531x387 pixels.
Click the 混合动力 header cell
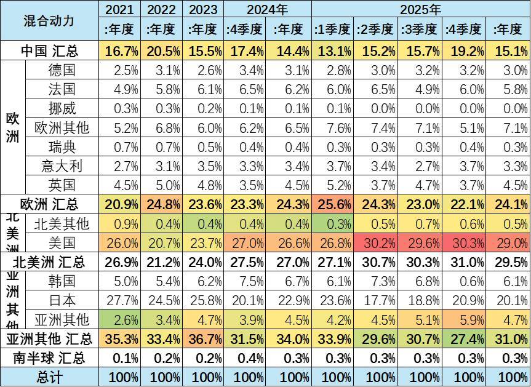(x=49, y=20)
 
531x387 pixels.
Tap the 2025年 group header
(x=420, y=9)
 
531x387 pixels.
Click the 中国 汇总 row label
(x=49, y=50)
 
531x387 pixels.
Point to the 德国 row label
(x=62, y=70)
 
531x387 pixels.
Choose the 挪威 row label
(x=62, y=109)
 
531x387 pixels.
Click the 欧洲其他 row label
(x=62, y=128)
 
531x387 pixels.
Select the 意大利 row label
(x=62, y=166)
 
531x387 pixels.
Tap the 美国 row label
(x=62, y=242)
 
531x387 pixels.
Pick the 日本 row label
(x=62, y=300)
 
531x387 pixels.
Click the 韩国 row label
(x=62, y=281)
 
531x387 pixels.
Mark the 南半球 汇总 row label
(x=49, y=358)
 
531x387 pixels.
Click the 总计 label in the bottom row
(x=49, y=377)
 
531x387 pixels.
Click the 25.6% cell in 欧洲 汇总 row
(x=333, y=204)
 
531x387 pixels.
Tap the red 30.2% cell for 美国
(x=377, y=242)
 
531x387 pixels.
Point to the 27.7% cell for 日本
(x=121, y=300)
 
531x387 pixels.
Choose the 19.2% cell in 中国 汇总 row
(x=464, y=50)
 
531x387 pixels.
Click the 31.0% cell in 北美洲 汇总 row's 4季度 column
(x=464, y=262)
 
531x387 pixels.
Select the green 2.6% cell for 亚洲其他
(x=121, y=319)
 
